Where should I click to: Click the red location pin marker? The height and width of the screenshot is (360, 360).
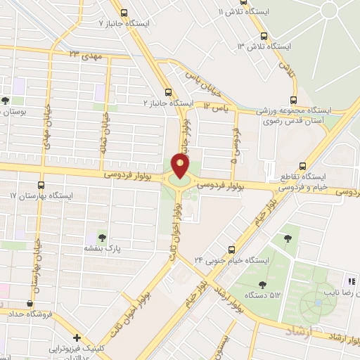180,165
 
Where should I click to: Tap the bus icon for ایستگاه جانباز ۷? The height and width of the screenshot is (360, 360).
124,12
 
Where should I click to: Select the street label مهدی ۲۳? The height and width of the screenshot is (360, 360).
85,54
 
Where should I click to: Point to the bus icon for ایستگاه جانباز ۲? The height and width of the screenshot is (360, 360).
167,91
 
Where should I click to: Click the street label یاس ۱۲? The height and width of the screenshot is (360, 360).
217,106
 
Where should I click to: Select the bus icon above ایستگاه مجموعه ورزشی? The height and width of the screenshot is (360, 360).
294,99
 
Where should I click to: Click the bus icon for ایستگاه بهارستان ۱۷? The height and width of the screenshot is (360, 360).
41,184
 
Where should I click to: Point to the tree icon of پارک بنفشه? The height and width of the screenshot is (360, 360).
103,237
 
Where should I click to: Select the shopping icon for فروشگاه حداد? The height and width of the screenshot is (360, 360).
30,303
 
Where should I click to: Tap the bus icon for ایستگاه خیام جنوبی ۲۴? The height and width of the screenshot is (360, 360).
233,249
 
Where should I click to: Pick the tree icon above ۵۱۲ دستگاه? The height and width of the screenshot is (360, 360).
262,285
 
